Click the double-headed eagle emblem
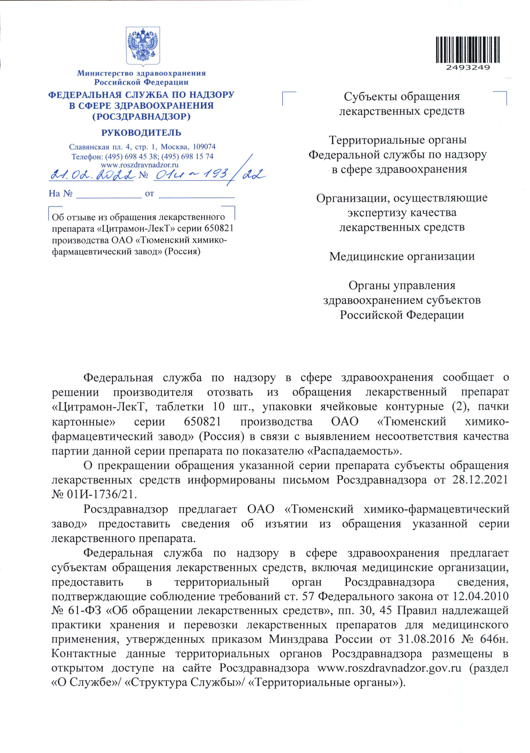coord(143,46)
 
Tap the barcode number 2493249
coord(468,68)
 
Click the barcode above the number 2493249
coord(468,49)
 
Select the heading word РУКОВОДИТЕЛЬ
coord(141,133)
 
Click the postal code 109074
coord(204,147)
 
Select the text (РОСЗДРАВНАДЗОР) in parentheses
coord(141,116)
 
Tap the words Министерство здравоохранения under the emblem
coord(141,73)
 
